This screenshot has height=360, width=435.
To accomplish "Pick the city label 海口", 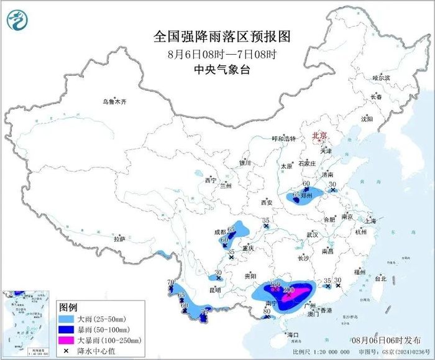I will [293, 335].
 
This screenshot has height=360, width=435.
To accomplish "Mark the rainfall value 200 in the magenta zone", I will [288, 290].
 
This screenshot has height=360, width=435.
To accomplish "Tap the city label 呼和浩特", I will [287, 139].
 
